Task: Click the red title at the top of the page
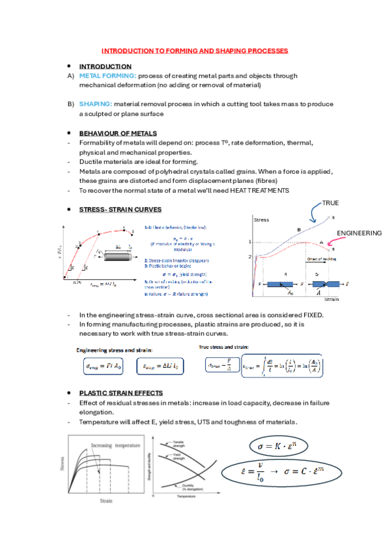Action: tap(195, 50)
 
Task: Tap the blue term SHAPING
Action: tap(94, 103)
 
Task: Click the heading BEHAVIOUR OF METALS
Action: tap(117, 133)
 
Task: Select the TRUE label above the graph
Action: tap(329, 203)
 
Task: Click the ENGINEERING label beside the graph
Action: tap(358, 232)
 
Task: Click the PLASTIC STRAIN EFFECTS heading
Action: tap(120, 393)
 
